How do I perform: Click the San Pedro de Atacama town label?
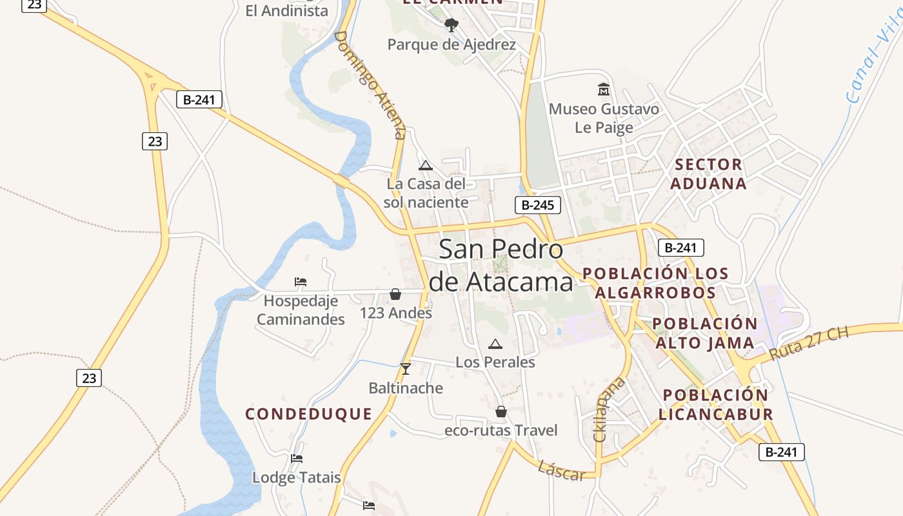(501, 266)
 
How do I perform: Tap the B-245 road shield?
(537, 205)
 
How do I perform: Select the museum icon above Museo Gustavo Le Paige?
(604, 89)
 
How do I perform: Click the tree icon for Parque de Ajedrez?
(451, 25)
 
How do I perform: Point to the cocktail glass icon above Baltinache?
(405, 369)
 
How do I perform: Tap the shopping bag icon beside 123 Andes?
(395, 295)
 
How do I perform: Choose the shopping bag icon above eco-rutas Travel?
(501, 412)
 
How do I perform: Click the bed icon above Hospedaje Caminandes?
(300, 282)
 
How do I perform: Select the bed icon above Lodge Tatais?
(296, 459)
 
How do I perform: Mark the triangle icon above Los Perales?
(495, 344)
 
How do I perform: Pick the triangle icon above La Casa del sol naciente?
(425, 166)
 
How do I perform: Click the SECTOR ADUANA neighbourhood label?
(708, 174)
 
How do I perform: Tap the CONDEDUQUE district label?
(309, 414)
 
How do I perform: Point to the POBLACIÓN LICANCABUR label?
(716, 404)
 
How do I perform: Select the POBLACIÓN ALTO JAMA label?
(704, 333)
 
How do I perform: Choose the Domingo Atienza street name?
(370, 84)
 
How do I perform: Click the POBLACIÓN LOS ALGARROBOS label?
(655, 283)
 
